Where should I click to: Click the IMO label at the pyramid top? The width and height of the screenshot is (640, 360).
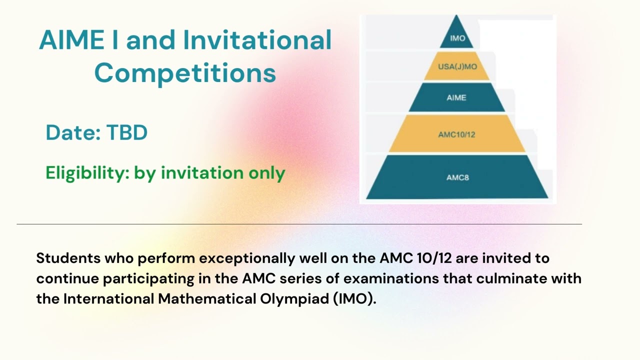point(457,38)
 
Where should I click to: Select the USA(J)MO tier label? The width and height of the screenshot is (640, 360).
point(457,66)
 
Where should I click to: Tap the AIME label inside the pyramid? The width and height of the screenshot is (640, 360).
point(456,98)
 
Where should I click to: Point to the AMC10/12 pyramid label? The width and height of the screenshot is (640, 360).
point(456,134)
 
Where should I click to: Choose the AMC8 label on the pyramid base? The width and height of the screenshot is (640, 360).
point(457,177)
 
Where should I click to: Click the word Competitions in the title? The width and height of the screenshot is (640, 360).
point(185,73)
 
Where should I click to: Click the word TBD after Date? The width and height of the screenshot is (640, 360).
point(127,133)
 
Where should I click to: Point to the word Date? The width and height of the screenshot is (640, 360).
point(73,133)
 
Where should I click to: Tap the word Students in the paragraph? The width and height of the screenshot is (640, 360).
point(68,258)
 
